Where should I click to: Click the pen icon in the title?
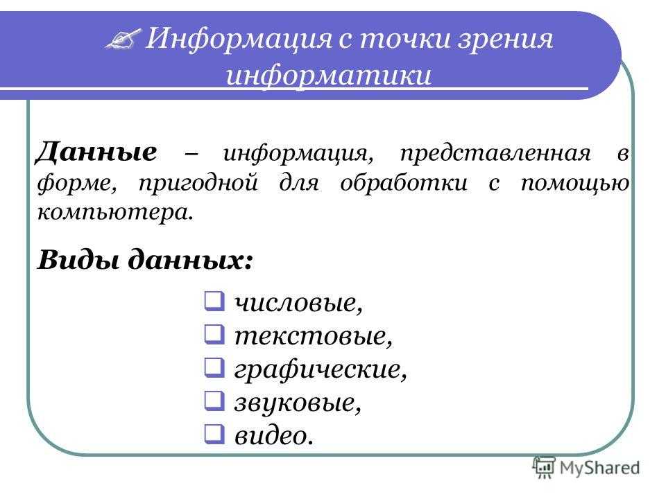pyautogui.click(x=123, y=39)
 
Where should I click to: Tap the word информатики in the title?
pyautogui.click(x=328, y=76)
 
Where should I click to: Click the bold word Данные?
pyautogui.click(x=96, y=152)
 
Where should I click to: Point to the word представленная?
pyautogui.click(x=495, y=155)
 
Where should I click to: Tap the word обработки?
pyautogui.click(x=404, y=183)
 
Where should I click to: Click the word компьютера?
pyautogui.click(x=115, y=212)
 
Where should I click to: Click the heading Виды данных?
pyautogui.click(x=145, y=259)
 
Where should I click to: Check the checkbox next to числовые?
pyautogui.click(x=214, y=301)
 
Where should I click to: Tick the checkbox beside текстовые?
pyautogui.click(x=214, y=334)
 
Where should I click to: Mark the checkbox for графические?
pyautogui.click(x=214, y=367)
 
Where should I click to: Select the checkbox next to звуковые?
pyautogui.click(x=214, y=401)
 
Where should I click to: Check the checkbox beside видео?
pyautogui.click(x=214, y=434)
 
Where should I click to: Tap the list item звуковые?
pyautogui.click(x=298, y=402)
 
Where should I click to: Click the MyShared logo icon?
pyautogui.click(x=544, y=468)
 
